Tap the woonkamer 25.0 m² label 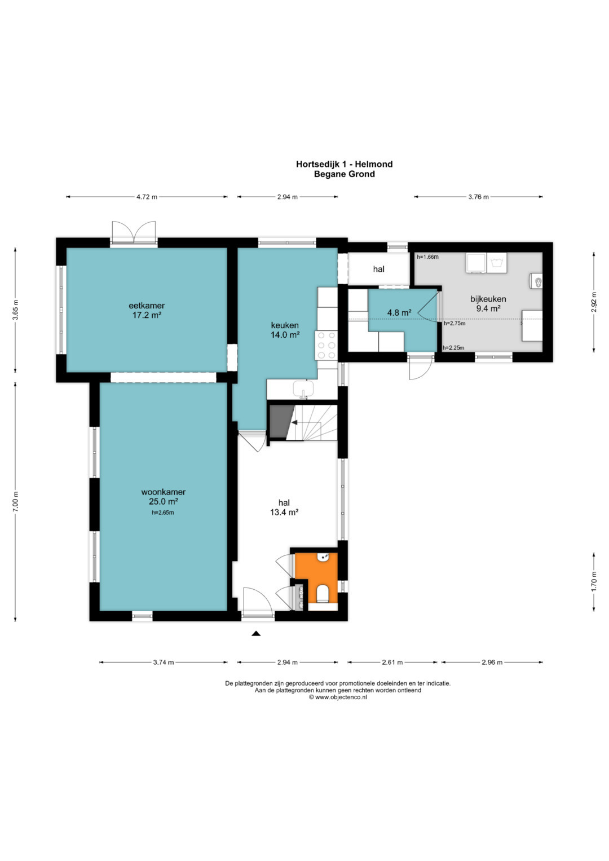(x=164, y=497)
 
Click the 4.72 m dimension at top (x=147, y=197)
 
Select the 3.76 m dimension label (x=478, y=197)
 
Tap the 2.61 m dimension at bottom (x=392, y=662)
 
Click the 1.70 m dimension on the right (x=594, y=581)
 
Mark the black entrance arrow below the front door (x=256, y=633)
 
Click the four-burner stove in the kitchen (x=326, y=345)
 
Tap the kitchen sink (x=303, y=389)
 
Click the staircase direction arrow (x=294, y=422)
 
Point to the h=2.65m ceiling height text (x=163, y=513)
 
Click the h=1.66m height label (x=427, y=257)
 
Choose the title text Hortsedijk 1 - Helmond (x=344, y=164)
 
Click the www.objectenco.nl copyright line (x=338, y=697)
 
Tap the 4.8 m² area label (x=399, y=312)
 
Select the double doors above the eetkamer (x=134, y=233)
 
